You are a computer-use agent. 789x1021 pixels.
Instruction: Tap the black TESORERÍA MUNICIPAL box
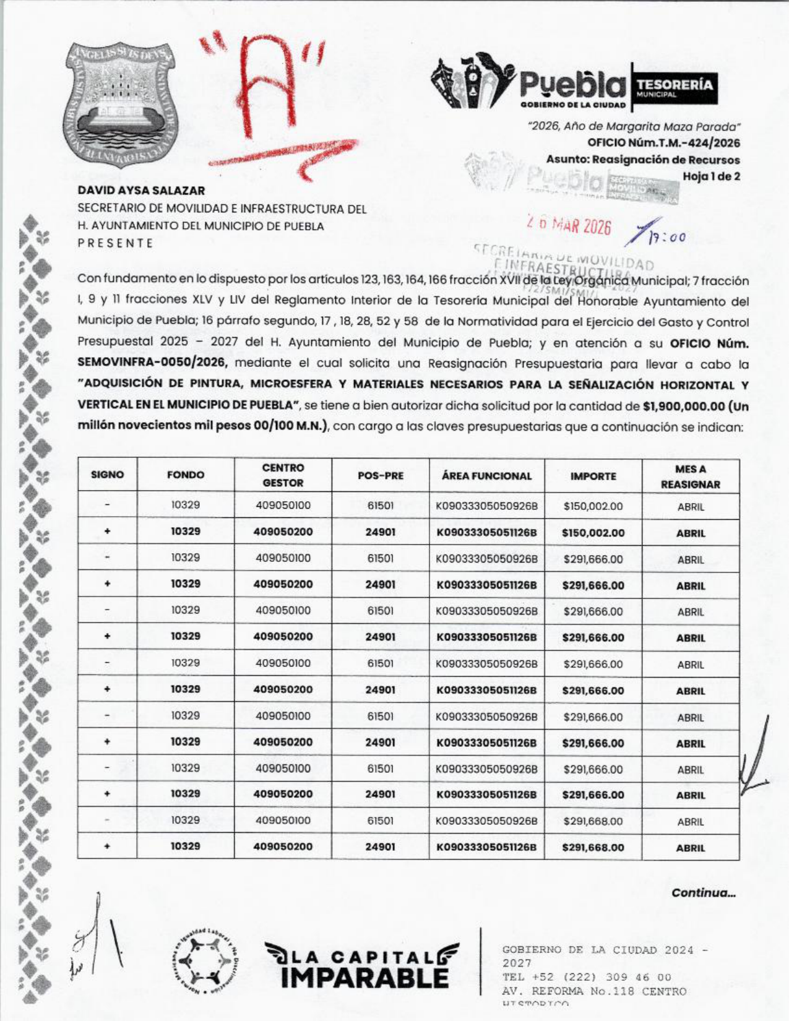pos(675,87)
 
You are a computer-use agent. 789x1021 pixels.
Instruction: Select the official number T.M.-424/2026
pos(663,143)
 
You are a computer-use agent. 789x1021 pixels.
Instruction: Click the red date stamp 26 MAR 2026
pos(569,226)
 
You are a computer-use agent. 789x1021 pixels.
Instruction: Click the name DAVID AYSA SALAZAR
pos(141,191)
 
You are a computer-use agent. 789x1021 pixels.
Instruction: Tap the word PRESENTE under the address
pos(115,243)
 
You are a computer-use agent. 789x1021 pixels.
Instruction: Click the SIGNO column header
pos(107,475)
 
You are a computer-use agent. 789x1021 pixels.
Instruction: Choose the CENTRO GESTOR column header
pos(283,475)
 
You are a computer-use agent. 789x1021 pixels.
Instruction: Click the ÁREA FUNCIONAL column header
pos(486,476)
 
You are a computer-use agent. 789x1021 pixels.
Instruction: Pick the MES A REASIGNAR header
pos(690,476)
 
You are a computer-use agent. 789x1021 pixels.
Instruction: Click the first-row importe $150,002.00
pos(593,506)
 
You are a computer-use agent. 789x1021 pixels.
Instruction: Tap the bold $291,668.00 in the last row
pos(593,847)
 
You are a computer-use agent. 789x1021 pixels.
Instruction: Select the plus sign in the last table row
pos(108,846)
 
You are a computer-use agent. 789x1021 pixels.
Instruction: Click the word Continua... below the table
pos(704,893)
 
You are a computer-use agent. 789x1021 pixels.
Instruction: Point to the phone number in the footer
pos(587,977)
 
